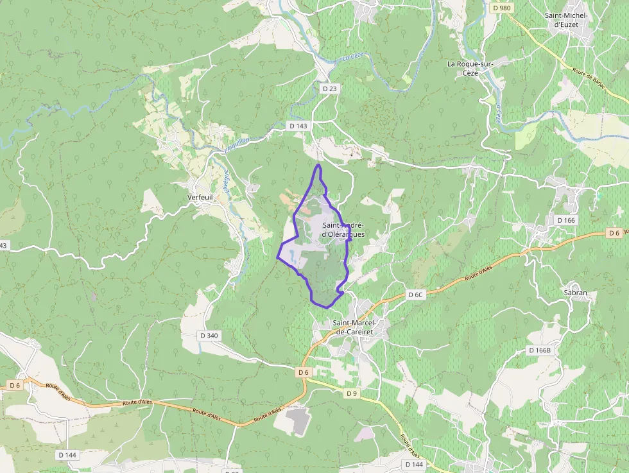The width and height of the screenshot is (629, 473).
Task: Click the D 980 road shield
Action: point(502,8)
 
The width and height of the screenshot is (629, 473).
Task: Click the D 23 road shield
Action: point(329,89)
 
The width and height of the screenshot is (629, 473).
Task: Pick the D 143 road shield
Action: point(298,126)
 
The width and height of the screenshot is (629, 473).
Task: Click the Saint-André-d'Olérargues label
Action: point(343,229)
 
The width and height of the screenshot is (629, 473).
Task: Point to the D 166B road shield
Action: point(540,350)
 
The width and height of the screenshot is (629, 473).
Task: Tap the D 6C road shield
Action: point(416,295)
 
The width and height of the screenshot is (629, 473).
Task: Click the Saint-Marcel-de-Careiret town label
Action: point(354,327)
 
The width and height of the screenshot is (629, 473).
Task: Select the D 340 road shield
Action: point(209,335)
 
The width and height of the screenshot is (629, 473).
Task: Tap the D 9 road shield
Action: point(351,393)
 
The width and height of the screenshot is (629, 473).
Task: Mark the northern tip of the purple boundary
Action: point(318,165)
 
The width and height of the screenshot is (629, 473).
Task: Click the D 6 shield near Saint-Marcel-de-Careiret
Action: point(304,372)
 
